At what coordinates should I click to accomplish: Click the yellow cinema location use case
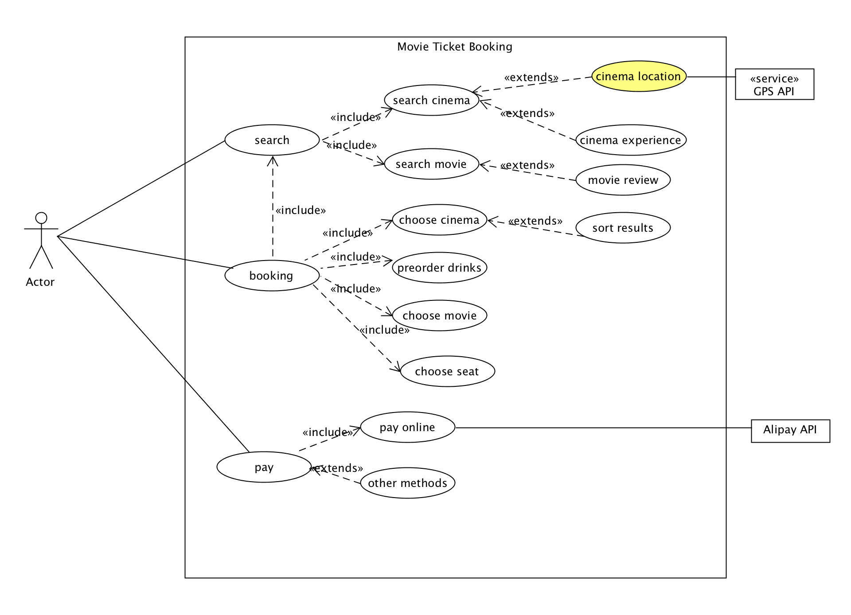coord(639,76)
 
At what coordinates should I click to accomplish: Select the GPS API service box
coord(774,84)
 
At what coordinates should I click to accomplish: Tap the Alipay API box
coord(790,431)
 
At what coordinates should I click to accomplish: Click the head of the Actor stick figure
coord(41,218)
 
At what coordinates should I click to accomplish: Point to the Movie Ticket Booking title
coord(454,47)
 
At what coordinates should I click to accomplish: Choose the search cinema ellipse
coord(431,100)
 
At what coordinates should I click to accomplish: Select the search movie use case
coord(431,164)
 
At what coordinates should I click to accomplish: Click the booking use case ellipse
coord(272,276)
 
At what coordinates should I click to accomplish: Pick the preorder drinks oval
coord(439,268)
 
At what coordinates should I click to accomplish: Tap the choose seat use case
coord(447,371)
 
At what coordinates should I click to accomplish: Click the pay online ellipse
coord(407,427)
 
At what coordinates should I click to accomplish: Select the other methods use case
coord(407,483)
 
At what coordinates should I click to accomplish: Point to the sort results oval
coord(623,228)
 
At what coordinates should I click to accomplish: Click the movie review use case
coord(623,180)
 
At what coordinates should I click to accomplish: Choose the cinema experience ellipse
coord(631,140)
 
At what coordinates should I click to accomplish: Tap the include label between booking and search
coord(301,210)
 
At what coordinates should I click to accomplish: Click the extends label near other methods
coord(337,468)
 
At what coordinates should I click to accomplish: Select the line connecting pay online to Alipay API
coord(603,428)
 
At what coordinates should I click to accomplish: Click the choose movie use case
coord(439,315)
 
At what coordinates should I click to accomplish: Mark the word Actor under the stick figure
coord(40,282)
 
